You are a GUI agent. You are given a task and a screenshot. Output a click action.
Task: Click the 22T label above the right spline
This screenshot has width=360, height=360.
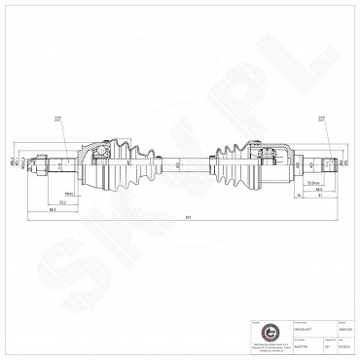(320, 120)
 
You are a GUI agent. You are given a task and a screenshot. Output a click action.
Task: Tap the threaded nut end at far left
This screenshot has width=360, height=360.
(40, 163)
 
